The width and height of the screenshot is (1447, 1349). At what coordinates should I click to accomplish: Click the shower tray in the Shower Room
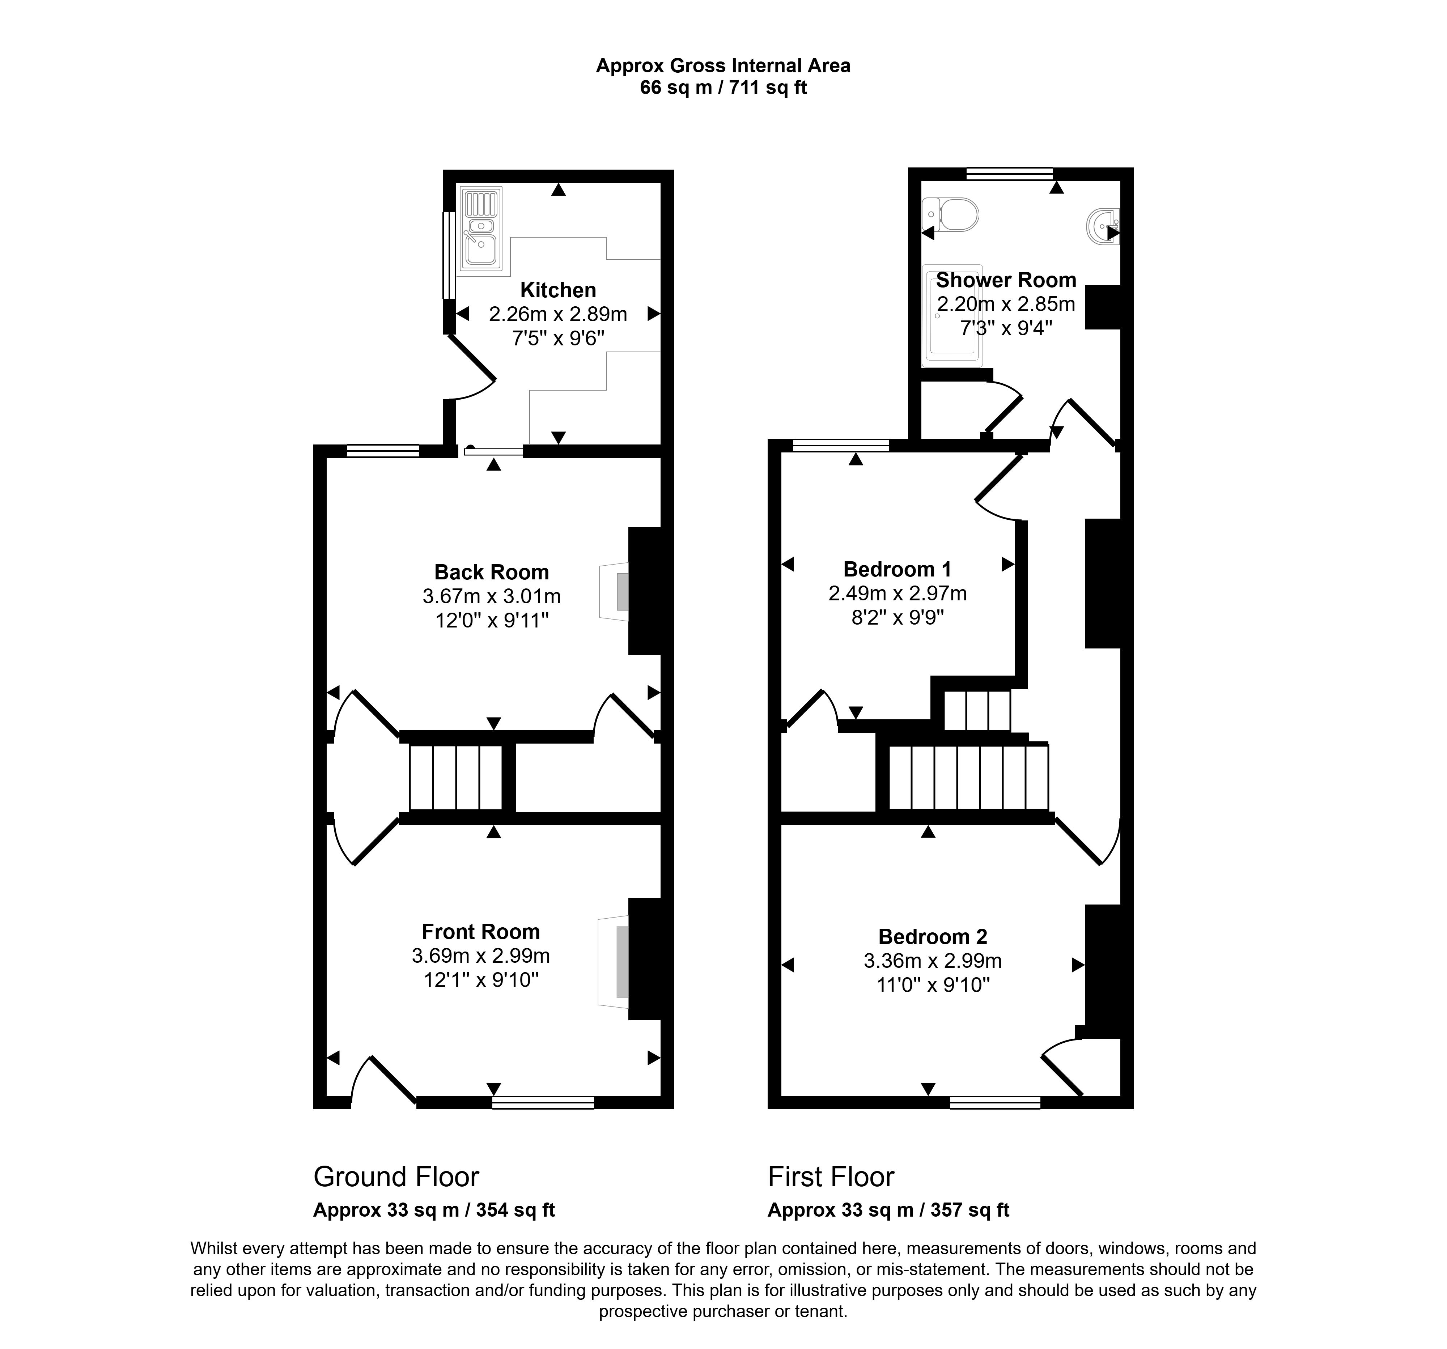coord(952,316)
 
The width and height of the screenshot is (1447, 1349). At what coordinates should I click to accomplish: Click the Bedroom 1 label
coord(897,569)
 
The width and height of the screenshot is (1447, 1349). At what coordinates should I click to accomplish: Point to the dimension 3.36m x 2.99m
coord(932,961)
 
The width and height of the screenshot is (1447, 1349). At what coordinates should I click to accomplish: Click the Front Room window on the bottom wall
coord(543,1103)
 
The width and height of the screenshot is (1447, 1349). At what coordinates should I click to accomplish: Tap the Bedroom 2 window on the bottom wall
coord(995,1103)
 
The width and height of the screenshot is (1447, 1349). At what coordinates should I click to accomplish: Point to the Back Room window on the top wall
coord(383,451)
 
